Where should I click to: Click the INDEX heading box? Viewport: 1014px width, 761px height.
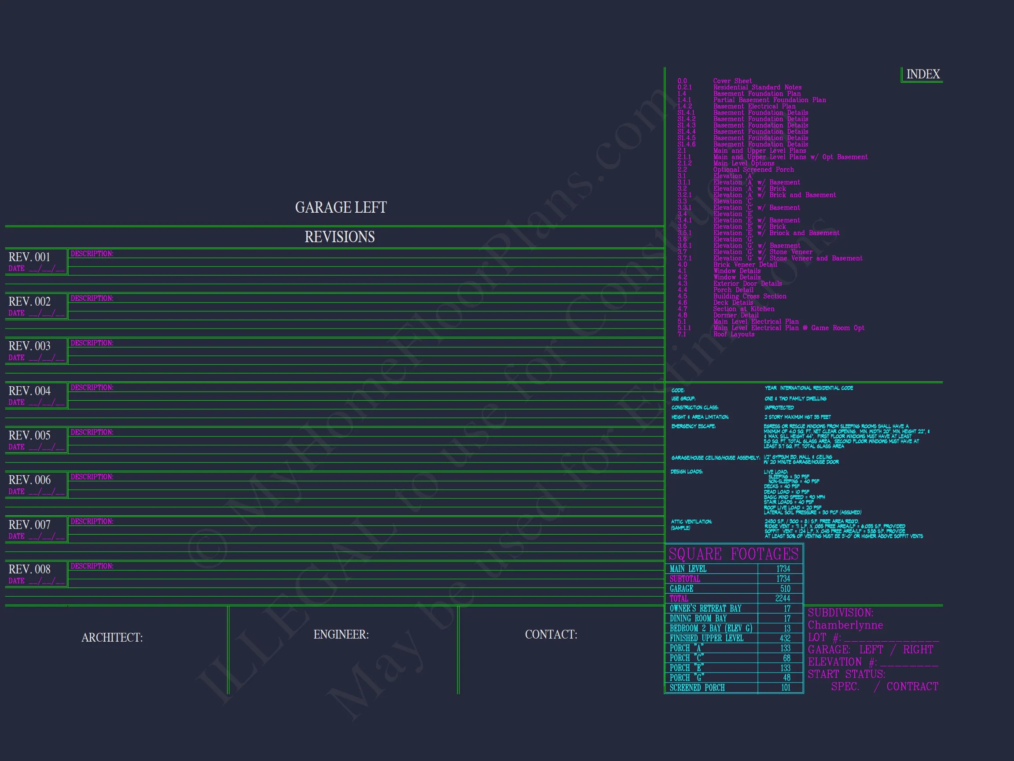coord(922,74)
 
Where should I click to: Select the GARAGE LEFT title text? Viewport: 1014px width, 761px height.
coord(341,207)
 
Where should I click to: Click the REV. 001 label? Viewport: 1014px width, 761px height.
coord(29,257)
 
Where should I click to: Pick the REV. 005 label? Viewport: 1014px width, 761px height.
coord(29,435)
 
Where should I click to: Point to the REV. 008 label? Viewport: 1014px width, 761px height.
coord(29,569)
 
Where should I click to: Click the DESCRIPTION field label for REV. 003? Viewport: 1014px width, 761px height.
coord(92,343)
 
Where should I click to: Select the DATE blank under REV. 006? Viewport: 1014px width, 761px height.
coord(46,492)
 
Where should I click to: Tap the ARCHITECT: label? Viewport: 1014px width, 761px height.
coord(112,638)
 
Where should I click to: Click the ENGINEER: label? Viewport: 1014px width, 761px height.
coord(341,635)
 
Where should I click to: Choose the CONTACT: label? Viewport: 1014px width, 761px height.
coord(551,635)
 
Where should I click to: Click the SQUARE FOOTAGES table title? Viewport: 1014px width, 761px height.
coord(734,554)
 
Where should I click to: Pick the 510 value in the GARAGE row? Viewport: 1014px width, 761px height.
coord(785,588)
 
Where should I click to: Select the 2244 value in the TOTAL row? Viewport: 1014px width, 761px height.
coord(783,598)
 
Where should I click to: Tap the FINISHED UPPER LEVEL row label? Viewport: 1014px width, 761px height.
coord(706,638)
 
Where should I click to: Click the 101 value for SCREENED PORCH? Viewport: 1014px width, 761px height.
coord(786,687)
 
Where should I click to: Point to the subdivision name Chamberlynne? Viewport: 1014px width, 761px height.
coord(845,625)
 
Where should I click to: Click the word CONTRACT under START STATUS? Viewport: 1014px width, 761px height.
coord(912,687)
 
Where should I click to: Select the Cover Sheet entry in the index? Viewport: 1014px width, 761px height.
coord(732,81)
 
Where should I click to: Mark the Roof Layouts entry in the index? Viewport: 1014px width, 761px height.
coord(734,334)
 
